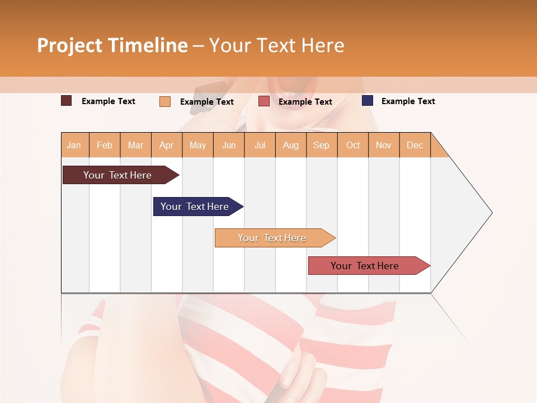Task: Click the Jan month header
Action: coord(74,145)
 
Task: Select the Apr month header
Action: coord(167,145)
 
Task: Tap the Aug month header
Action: coord(291,145)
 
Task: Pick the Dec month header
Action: coord(415,145)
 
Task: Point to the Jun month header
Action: coord(229,145)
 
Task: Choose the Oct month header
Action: coord(353,145)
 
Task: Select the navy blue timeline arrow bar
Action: coord(196,207)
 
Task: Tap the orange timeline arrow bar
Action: coord(273,238)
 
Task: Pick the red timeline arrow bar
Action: coord(366,266)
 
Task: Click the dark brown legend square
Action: coord(67,101)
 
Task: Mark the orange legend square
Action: coord(165,101)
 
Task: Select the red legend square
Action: coord(264,101)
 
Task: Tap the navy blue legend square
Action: coord(368,101)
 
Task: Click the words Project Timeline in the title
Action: coord(112,45)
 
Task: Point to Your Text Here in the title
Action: coord(277,45)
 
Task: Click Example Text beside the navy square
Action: coord(408,101)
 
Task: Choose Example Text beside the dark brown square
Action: coord(109,101)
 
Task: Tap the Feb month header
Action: coord(105,145)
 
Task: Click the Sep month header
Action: coord(322,145)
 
